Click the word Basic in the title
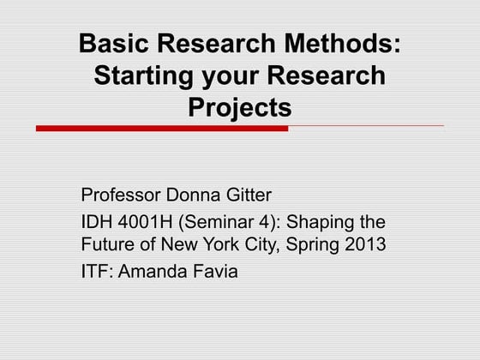(108, 44)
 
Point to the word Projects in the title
(239, 109)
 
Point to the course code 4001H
(143, 221)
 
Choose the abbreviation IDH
(95, 221)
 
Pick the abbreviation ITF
(94, 273)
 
